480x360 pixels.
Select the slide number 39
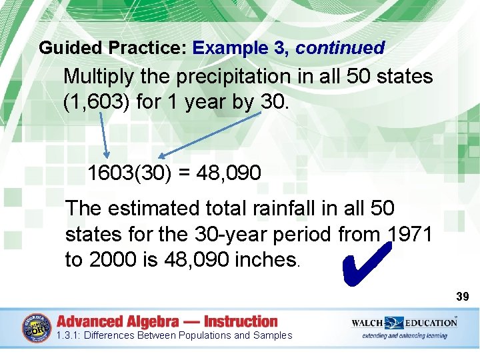pos(463,295)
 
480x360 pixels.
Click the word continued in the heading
pos(340,48)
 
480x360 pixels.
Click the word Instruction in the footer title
pos(240,321)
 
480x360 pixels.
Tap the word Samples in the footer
pos(273,335)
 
